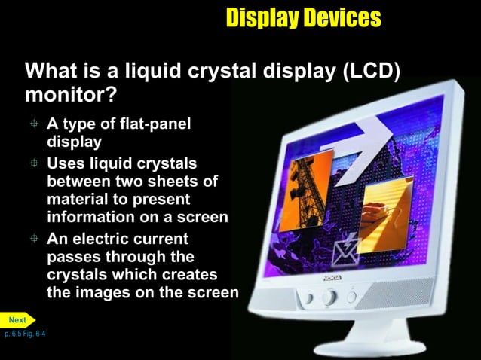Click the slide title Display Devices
point(303,17)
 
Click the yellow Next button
point(17,320)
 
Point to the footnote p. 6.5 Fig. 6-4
point(25,333)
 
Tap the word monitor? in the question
point(72,96)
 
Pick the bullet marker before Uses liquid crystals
point(35,163)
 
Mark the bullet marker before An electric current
point(35,239)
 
